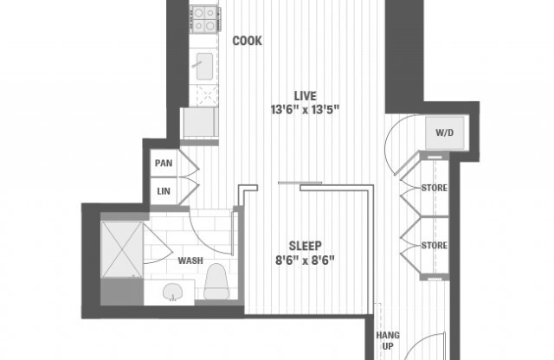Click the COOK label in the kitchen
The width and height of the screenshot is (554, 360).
point(247,41)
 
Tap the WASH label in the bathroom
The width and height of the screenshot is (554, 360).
point(190,260)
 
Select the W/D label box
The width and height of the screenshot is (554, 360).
point(444,133)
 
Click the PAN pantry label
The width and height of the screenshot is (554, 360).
point(164,163)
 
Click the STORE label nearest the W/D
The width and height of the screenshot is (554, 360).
point(434,188)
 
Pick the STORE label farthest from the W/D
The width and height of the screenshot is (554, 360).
point(434,246)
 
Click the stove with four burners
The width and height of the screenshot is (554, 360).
point(205,15)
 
